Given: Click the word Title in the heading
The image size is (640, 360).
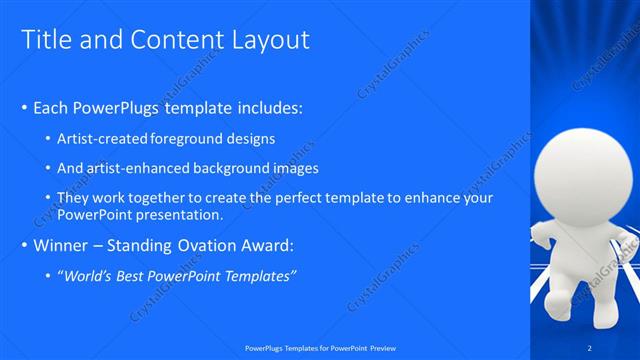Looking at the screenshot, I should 45,40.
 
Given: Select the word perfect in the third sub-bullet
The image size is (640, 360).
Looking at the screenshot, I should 281,198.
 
